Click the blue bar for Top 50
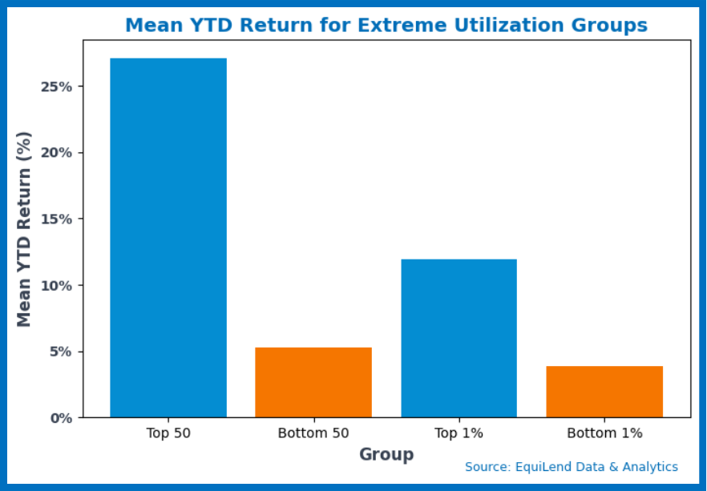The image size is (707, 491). point(168,238)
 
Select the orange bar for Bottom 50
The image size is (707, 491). point(313,382)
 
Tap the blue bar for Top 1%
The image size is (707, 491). point(459,338)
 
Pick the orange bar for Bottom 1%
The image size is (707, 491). point(604,392)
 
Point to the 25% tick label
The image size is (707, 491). point(56,87)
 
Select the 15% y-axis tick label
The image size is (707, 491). point(56,219)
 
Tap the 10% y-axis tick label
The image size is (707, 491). point(56,286)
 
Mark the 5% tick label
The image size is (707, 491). point(61,352)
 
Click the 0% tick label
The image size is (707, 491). point(61,418)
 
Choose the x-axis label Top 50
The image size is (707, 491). point(168,433)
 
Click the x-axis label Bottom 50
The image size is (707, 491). point(313,433)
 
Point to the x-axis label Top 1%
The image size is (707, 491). point(459,433)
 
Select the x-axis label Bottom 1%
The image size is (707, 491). point(604,433)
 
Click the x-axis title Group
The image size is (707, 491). point(386,454)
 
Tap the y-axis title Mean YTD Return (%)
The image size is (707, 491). point(24,229)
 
